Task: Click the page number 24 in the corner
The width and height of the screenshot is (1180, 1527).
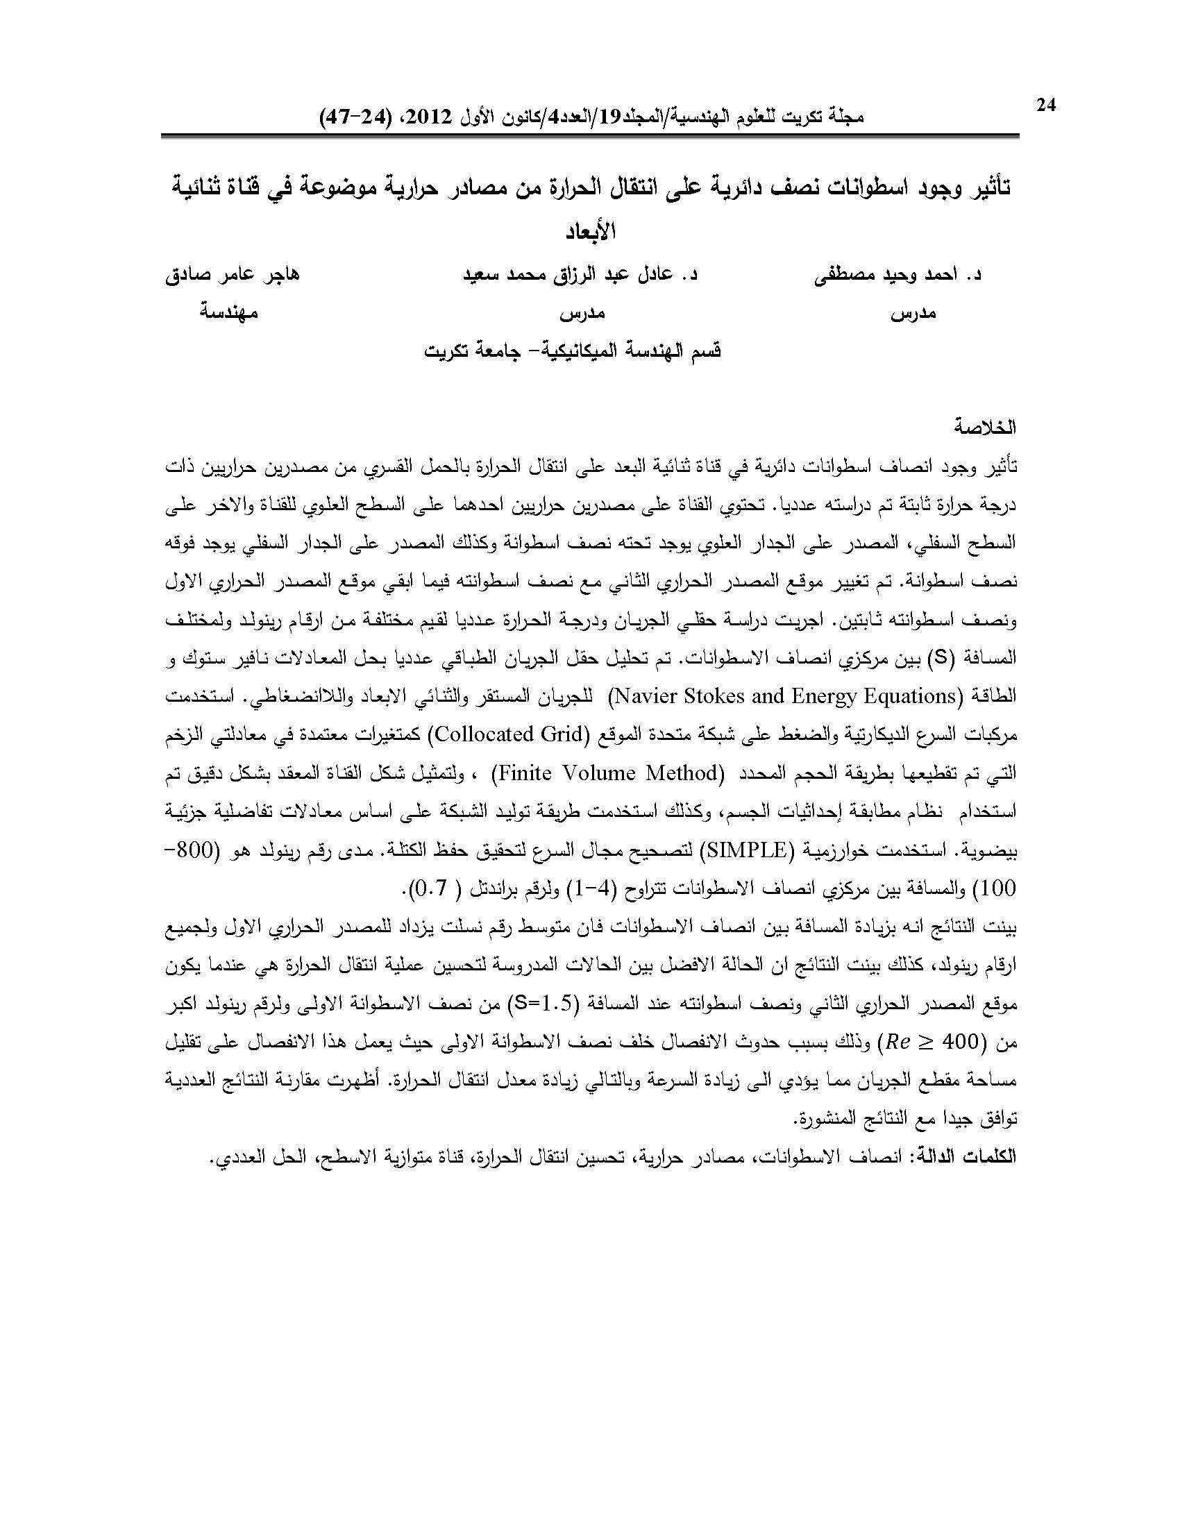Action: pyautogui.click(x=1046, y=105)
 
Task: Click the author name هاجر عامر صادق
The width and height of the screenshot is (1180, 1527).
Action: pyautogui.click(x=232, y=275)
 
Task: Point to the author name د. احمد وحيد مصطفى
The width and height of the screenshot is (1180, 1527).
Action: pyautogui.click(x=897, y=275)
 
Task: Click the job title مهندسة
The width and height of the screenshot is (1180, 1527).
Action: pyautogui.click(x=229, y=313)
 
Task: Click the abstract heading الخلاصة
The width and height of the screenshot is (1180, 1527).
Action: pyautogui.click(x=986, y=427)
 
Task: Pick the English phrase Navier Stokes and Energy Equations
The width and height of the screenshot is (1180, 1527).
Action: pyautogui.click(x=782, y=696)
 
